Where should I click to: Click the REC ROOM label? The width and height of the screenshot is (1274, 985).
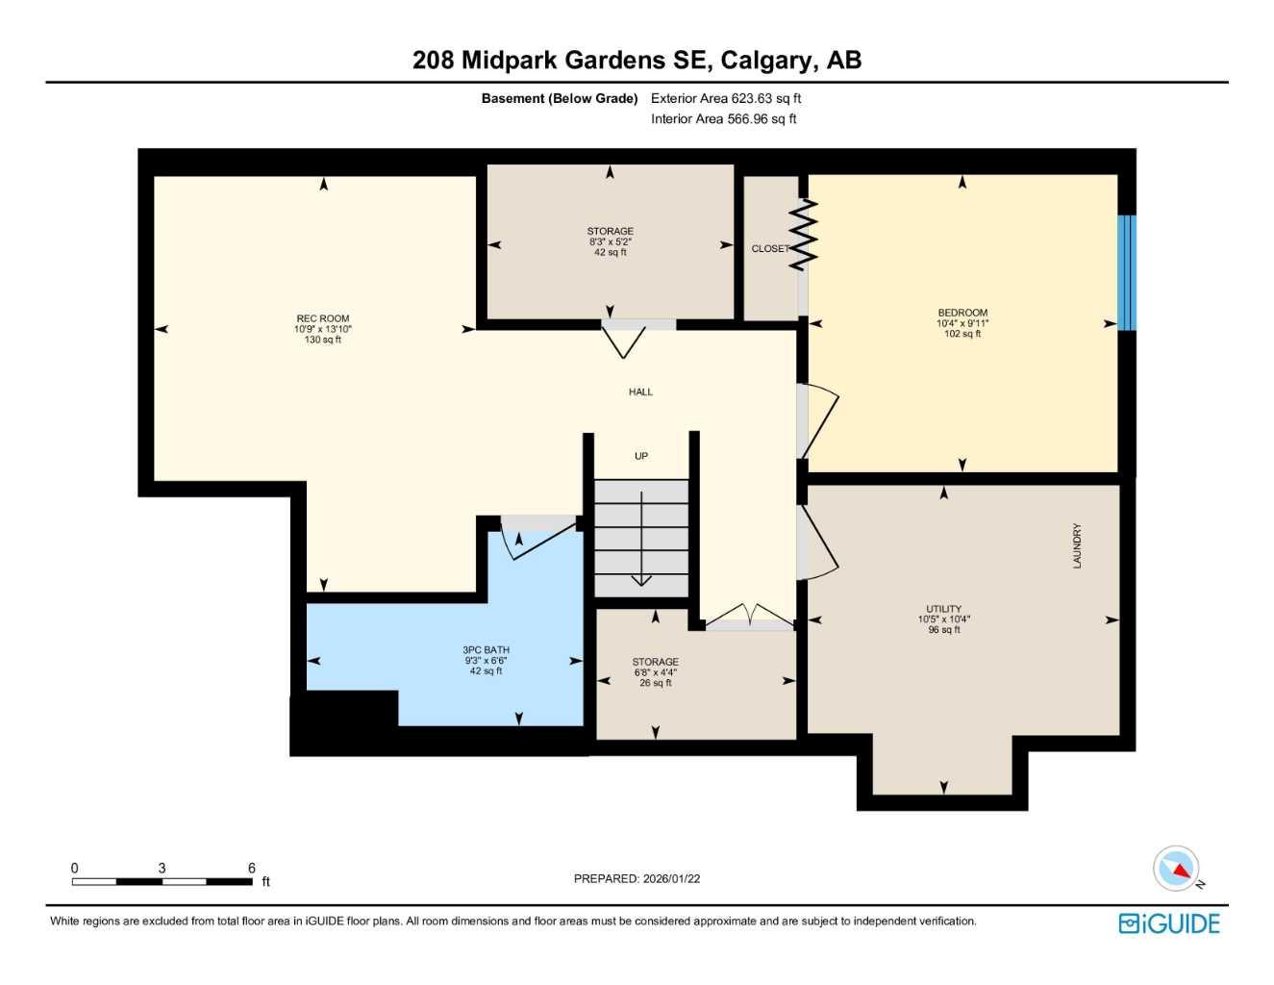pos(322,318)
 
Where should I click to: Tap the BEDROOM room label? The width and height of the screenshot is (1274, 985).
pos(962,313)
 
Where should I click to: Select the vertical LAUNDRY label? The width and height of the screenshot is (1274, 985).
pos(1077,545)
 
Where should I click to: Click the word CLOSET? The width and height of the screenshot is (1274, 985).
pos(770,248)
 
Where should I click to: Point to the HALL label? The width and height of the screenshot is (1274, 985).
pos(640,391)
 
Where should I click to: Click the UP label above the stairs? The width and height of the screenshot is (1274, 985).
pos(640,456)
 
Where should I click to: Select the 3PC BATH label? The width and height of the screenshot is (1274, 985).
pos(486,650)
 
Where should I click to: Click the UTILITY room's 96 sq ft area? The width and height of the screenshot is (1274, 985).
pos(943,630)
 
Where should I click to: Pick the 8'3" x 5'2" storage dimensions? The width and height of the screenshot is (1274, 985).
pos(610,241)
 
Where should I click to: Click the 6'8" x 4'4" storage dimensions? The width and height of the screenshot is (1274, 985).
pos(655,672)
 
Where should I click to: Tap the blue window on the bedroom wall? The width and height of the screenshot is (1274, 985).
pos(1127,272)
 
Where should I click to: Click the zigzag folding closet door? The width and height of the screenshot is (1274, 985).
pos(803,235)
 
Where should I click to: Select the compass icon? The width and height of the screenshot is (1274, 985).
pos(1177,869)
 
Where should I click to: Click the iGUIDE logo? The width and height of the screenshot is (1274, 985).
pos(1169,923)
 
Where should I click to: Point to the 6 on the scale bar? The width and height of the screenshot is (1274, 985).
pos(252,868)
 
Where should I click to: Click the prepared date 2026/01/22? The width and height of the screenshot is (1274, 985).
pos(671,878)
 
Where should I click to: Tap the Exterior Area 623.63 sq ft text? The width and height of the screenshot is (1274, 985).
pos(726,98)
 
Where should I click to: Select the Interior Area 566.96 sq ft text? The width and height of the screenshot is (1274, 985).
pos(724,119)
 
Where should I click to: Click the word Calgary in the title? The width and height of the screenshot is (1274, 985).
pos(765,60)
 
